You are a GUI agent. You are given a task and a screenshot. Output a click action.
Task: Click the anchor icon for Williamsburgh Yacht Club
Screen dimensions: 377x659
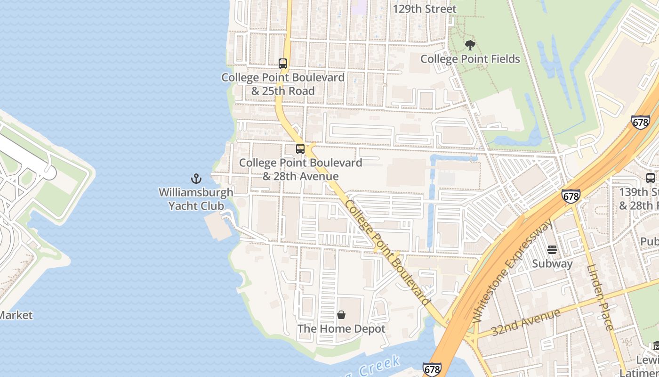pos(196,179)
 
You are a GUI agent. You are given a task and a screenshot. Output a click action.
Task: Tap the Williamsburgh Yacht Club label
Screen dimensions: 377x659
pos(196,199)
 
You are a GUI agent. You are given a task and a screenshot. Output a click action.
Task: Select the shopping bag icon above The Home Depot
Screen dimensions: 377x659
pos(341,315)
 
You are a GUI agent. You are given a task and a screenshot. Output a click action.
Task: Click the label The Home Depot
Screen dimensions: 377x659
pos(341,329)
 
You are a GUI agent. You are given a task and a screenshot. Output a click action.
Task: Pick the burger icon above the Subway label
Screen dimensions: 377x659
pos(552,249)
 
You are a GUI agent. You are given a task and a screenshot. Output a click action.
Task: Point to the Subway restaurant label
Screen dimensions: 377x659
pos(552,263)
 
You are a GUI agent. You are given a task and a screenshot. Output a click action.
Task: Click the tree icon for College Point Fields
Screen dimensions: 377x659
pos(470,45)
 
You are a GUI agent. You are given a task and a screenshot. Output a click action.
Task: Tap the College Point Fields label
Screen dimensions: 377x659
pos(470,59)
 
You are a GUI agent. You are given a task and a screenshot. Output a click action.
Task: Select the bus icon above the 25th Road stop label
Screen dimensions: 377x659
pos(283,63)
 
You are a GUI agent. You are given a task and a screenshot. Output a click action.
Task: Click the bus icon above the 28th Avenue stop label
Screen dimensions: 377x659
pos(300,149)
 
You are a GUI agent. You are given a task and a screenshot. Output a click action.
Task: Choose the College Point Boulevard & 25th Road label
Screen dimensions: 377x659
pos(283,84)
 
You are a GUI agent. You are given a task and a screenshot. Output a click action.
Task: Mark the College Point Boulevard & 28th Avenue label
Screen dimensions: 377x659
pos(300,170)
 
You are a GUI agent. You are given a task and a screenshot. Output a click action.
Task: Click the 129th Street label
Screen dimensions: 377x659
pos(425,9)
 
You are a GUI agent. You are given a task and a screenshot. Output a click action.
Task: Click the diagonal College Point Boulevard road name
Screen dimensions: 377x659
pos(387,253)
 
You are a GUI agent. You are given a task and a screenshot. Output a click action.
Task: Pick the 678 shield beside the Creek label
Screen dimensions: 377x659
pos(432,369)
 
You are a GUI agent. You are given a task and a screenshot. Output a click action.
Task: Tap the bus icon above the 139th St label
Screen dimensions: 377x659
pos(651,178)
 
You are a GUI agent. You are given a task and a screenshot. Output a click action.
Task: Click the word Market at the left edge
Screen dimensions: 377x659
pos(16,315)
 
